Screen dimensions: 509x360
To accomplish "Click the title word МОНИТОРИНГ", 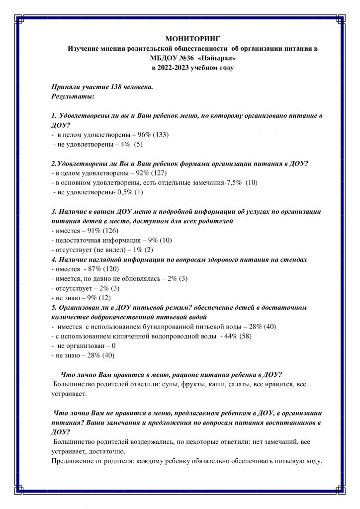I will (x=191, y=39).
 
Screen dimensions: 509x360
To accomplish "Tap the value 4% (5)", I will (x=132, y=144).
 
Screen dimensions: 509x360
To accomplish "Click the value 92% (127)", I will (x=151, y=173).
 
